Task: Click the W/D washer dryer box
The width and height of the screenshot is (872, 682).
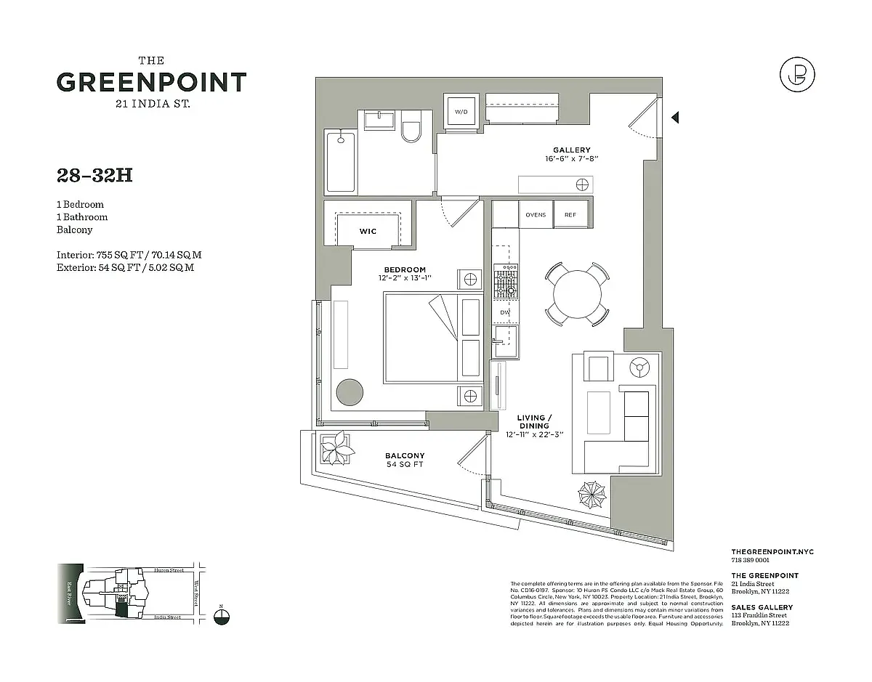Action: [461, 112]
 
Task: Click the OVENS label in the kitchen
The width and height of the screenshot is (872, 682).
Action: [536, 215]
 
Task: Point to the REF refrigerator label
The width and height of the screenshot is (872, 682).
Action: [570, 215]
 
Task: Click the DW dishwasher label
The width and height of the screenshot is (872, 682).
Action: [505, 312]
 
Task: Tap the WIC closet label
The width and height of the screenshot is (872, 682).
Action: [368, 231]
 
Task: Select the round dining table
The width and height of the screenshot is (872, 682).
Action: [578, 294]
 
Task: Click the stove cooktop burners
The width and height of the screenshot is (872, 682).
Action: [505, 282]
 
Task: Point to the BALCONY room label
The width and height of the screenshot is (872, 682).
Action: [405, 455]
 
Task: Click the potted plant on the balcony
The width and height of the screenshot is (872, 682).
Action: [336, 448]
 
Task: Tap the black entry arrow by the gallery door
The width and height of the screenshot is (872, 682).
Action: [675, 117]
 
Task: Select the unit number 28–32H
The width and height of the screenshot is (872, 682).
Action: [94, 175]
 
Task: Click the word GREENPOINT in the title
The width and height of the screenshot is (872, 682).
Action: [151, 82]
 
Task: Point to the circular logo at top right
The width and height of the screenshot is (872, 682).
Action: [796, 75]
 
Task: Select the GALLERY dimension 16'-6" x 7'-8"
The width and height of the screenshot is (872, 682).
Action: [571, 158]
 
